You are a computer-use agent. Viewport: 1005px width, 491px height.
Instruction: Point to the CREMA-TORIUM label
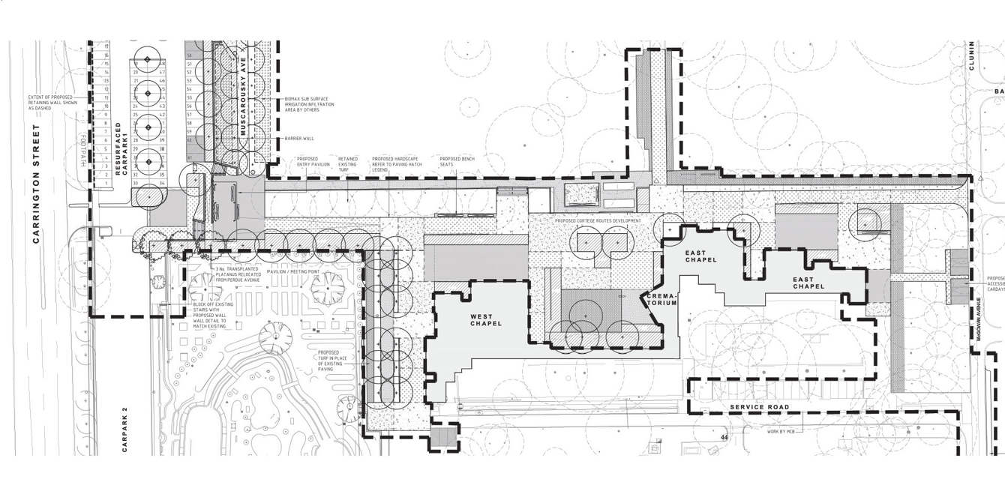tap(662, 300)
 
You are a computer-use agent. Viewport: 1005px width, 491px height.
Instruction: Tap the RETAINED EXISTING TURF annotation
tap(348, 162)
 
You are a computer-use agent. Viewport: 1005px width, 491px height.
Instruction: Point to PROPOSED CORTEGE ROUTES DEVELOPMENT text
tap(598, 221)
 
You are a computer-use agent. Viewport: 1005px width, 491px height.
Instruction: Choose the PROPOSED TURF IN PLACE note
tap(328, 361)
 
